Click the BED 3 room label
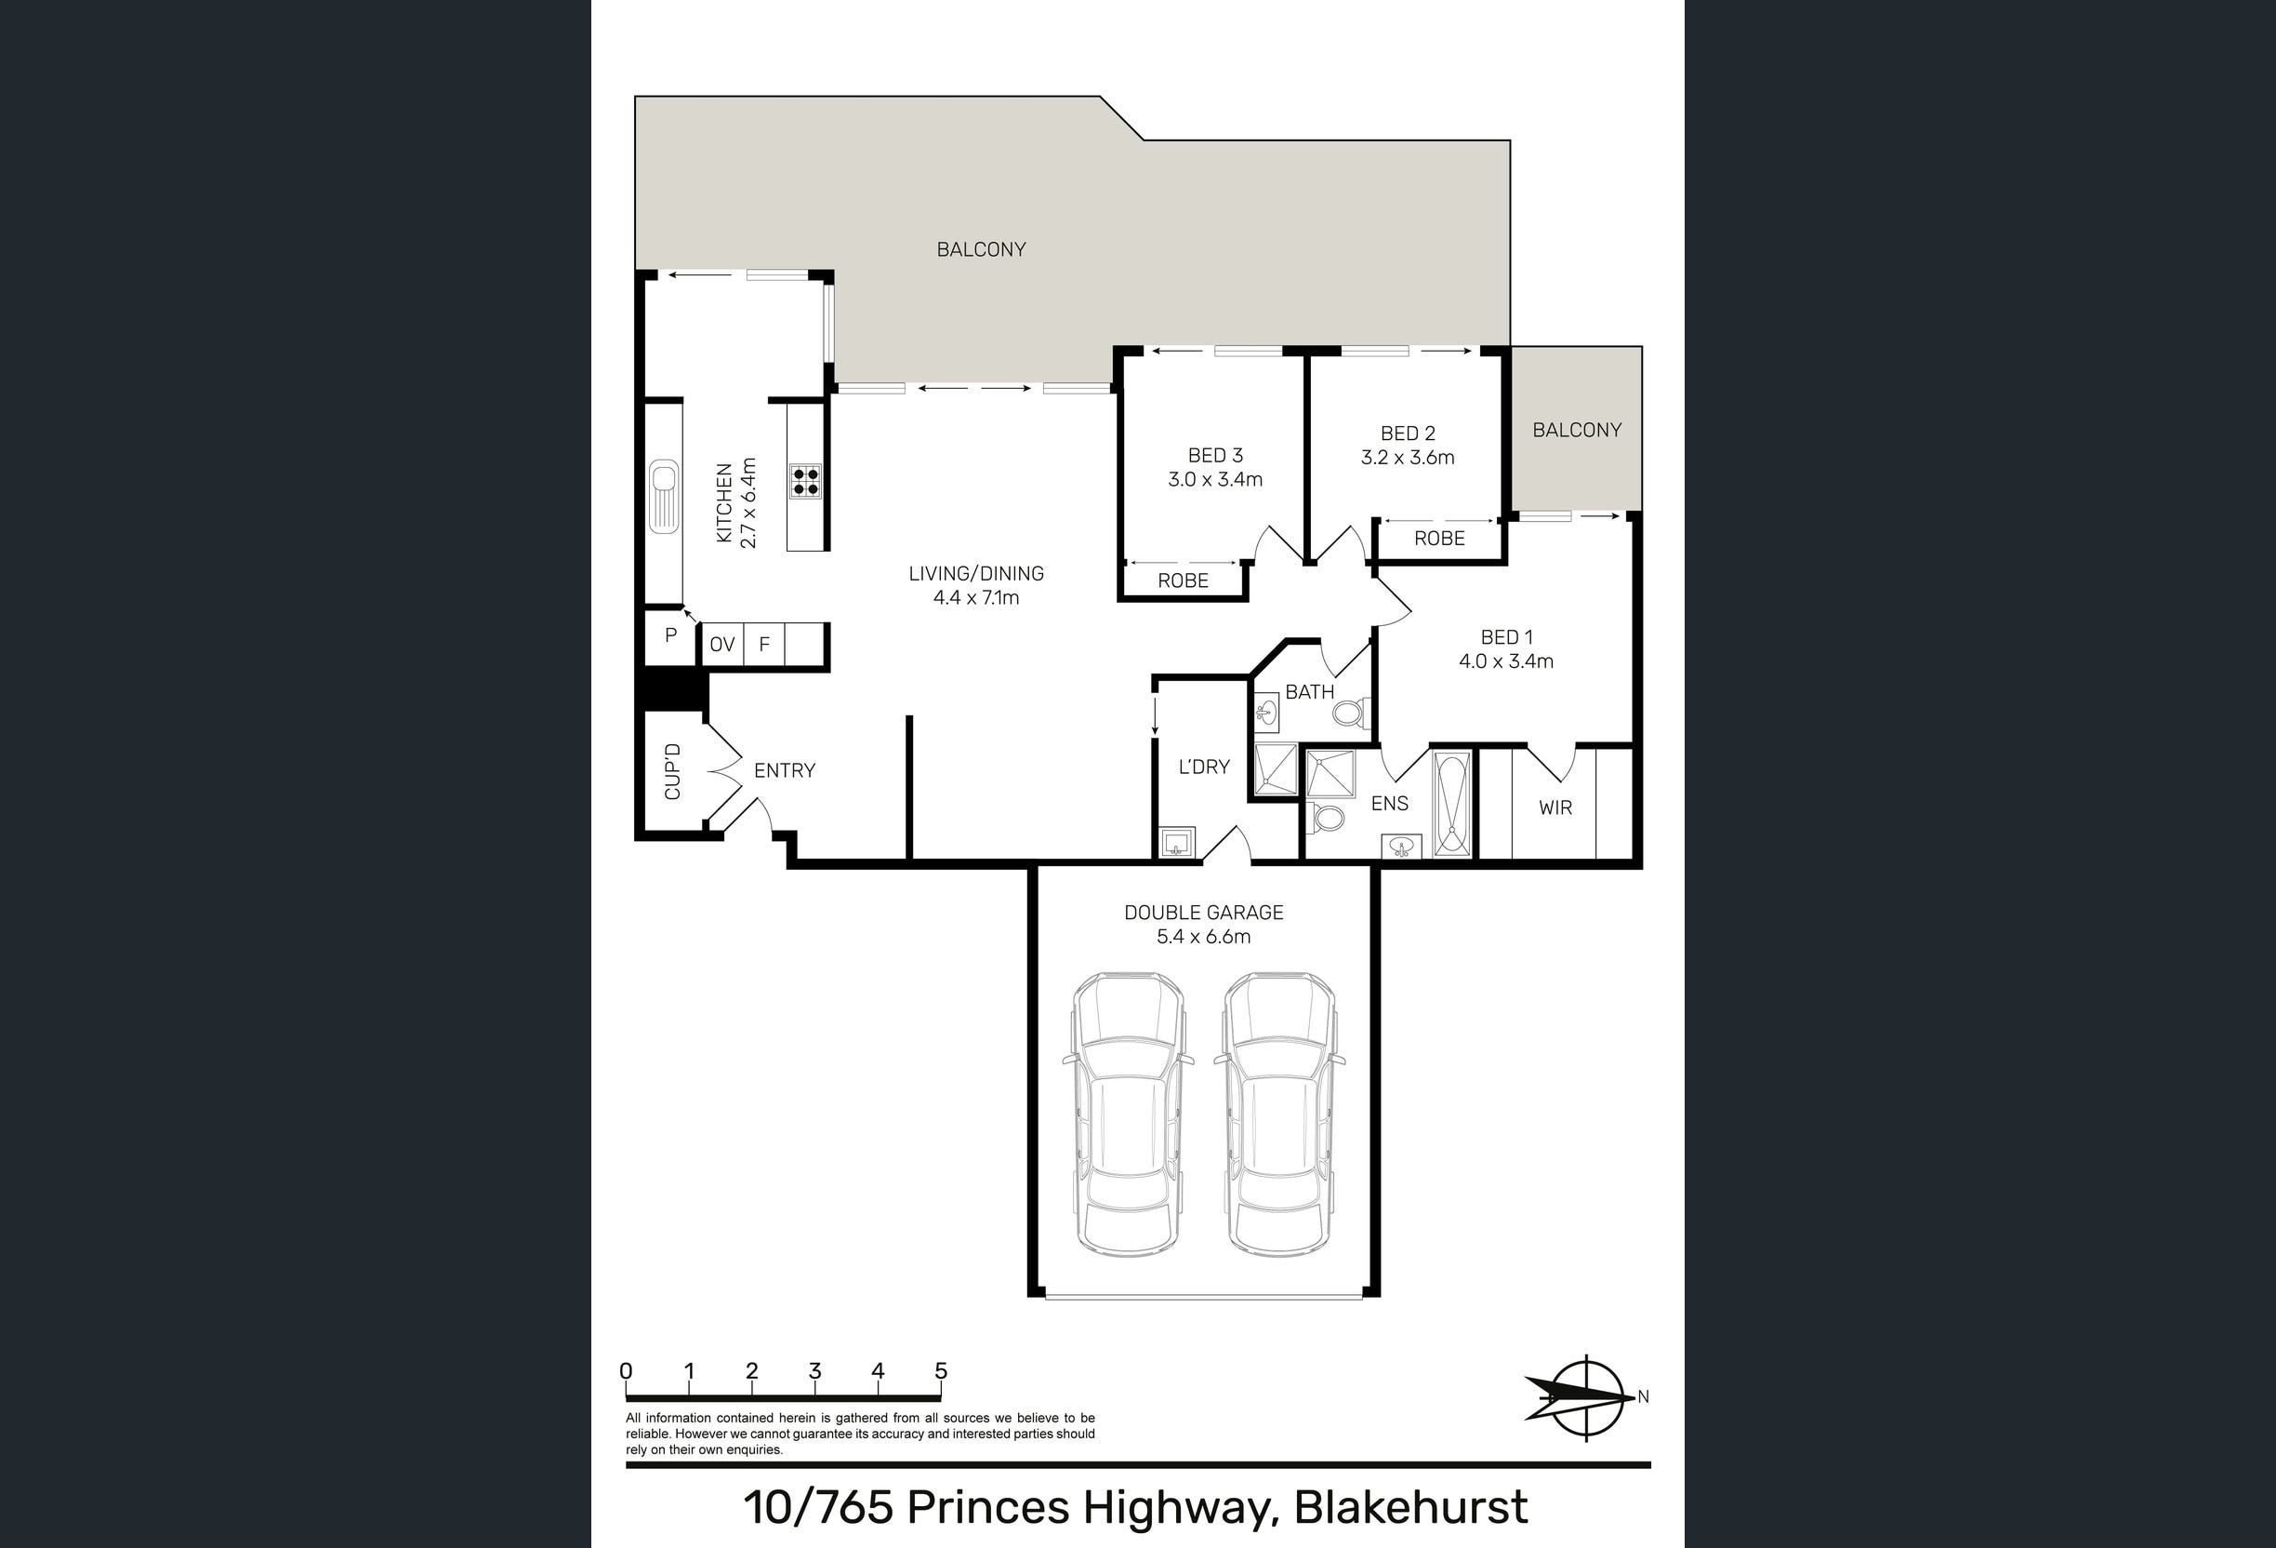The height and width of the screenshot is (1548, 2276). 1214,456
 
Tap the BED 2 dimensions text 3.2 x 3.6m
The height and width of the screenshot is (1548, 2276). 1408,458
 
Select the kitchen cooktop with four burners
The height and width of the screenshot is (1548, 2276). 806,481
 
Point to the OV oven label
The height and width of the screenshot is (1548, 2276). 721,645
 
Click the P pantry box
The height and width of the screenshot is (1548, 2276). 671,636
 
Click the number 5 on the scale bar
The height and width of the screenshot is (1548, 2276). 941,1370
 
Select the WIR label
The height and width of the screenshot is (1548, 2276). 1555,808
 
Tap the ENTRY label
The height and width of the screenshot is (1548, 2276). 785,771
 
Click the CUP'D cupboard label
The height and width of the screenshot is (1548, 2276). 673,771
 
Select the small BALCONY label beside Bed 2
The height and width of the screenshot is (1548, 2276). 1577,430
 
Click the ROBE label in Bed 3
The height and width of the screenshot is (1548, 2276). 1183,581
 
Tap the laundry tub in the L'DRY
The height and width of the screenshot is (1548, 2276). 1177,843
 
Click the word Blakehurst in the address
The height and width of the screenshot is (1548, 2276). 1411,1507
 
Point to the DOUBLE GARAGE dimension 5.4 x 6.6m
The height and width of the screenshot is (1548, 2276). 1204,937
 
